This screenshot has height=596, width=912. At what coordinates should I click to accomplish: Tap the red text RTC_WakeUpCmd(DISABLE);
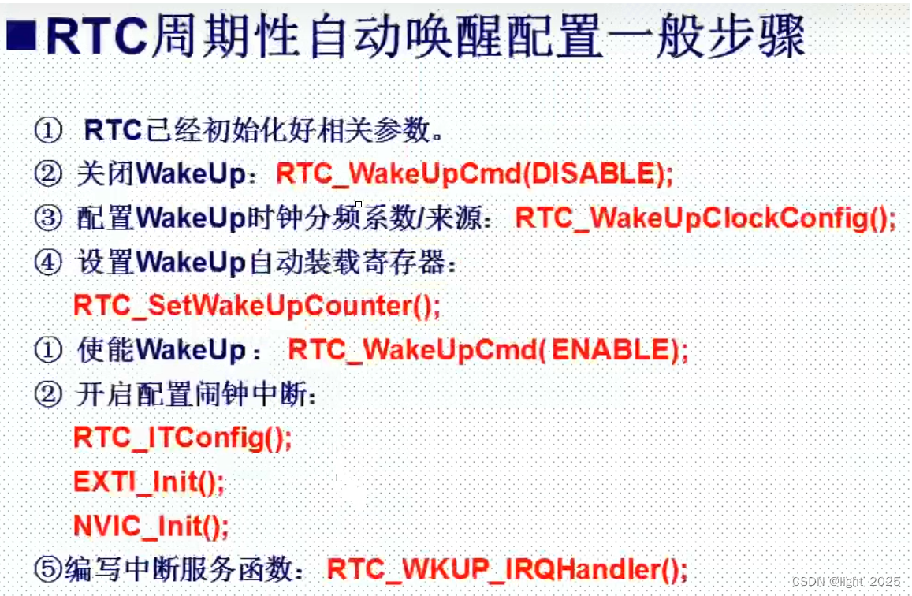pos(475,173)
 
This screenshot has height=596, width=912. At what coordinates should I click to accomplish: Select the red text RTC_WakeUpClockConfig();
pos(705,218)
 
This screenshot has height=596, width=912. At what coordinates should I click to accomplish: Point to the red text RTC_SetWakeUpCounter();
pos(256,304)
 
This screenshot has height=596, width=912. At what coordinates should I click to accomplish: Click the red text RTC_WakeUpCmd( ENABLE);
pos(487,349)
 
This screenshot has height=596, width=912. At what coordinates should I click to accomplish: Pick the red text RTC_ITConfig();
pos(182,437)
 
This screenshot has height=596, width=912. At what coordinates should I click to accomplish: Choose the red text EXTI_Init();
pos(148,480)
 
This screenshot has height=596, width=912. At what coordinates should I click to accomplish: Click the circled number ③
pos(48,218)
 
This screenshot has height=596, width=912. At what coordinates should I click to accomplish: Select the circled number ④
pos(48,263)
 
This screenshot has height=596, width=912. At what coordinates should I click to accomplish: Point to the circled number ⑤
pos(48,567)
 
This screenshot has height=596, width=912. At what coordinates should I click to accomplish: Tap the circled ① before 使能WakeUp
pos(48,350)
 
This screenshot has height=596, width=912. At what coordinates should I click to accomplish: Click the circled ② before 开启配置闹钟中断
pos(48,394)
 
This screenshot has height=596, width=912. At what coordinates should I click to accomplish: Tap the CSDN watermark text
pos(846,581)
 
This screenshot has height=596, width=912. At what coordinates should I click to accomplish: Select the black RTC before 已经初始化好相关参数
pos(112,130)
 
